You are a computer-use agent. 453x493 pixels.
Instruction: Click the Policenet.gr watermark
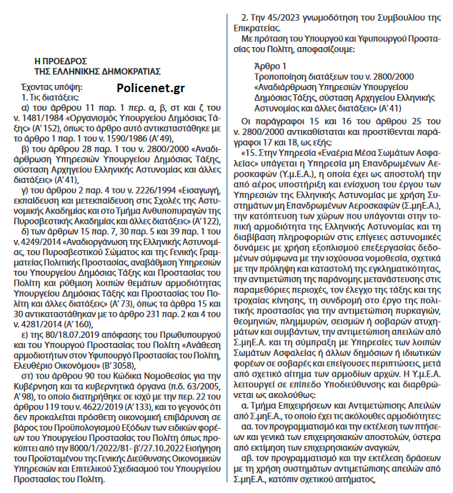click(146, 88)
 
